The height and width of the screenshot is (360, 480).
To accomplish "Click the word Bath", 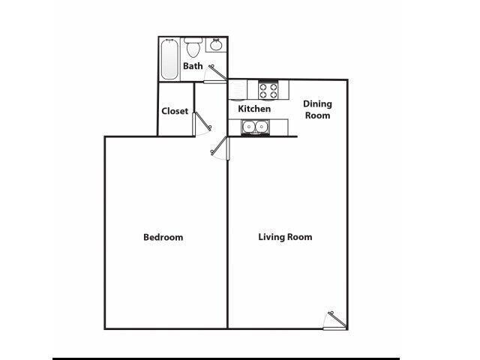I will tap(193, 66).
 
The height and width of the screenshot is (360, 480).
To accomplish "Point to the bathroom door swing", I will tap(217, 70).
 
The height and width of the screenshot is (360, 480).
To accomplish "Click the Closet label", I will tap(175, 111).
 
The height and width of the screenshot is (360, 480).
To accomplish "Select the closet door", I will tap(199, 124).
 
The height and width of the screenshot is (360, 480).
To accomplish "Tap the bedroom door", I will tap(217, 148).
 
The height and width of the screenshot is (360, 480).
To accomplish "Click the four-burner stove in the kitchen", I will tap(268, 91).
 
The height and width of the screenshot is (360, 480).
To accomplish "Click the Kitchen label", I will tap(254, 109).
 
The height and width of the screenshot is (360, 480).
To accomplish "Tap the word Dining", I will tap(317, 104).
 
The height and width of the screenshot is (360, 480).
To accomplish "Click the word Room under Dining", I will tap(317, 115).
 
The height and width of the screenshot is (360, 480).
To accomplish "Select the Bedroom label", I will tap(163, 238).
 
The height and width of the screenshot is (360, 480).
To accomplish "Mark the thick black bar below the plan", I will tap(225, 358).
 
